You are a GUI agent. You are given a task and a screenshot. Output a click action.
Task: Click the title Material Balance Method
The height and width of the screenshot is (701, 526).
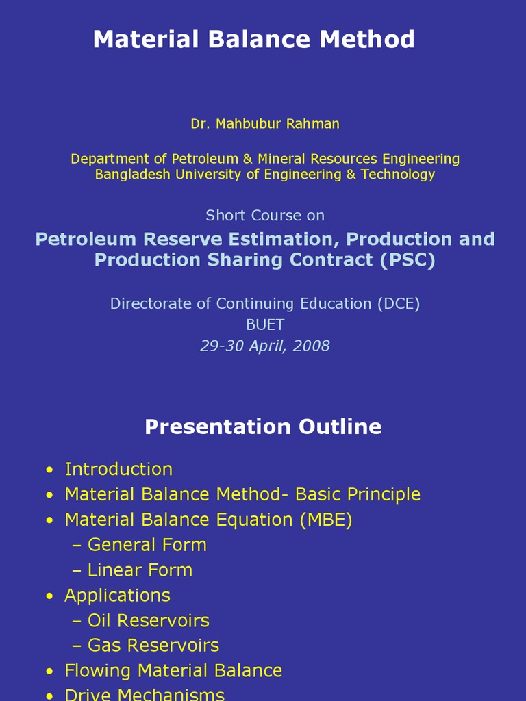coord(253,39)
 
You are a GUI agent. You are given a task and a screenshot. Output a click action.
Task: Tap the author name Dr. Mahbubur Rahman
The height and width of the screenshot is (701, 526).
coord(265,124)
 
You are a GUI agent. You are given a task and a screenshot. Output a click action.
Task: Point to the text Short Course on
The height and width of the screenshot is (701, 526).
coord(265,215)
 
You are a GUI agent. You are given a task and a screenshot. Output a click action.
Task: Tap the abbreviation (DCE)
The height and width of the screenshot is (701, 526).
coord(398,303)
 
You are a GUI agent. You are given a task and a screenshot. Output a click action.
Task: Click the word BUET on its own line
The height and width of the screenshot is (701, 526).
coord(265,324)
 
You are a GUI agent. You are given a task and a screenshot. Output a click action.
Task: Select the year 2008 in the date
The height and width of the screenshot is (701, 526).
coord(311,346)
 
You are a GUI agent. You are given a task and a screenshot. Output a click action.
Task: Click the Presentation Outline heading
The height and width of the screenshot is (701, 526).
coord(263,426)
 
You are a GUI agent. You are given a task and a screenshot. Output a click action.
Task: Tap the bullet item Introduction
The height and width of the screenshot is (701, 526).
coord(118,469)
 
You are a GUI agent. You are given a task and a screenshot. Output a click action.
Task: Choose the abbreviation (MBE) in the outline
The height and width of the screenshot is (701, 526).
coord(325,520)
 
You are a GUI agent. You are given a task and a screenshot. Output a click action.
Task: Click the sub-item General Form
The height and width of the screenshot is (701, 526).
coord(147,545)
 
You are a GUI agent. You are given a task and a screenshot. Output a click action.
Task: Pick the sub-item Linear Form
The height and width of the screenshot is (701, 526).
coord(140,570)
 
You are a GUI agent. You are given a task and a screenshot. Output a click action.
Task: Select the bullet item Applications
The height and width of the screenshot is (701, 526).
coord(117,596)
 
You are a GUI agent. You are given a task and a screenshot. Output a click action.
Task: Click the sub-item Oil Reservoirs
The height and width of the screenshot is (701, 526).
coord(148,621)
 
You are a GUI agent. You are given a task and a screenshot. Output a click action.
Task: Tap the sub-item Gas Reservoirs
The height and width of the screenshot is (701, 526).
coord(153,646)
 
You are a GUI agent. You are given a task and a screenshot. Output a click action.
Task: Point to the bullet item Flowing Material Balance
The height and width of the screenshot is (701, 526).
coord(173,671)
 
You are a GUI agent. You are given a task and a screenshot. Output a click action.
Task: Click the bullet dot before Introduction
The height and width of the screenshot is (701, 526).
coord(49,470)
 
